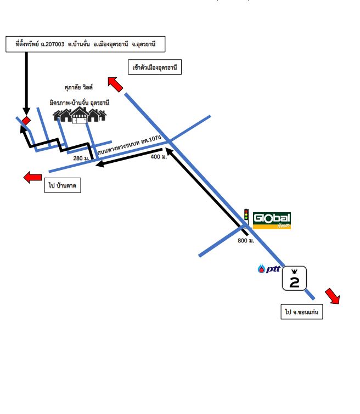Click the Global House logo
[272, 220]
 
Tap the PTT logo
[269, 269]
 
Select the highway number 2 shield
[295, 279]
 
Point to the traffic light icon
[246, 215]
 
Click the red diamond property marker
[26, 121]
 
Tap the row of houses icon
[80, 115]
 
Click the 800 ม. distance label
[246, 241]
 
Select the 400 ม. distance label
[159, 157]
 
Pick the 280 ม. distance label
[81, 158]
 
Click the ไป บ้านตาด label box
[63, 185]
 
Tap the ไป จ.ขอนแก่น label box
[302, 312]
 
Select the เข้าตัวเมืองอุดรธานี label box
[155, 67]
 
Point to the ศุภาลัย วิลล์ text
[78, 87]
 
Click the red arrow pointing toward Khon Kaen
[333, 296]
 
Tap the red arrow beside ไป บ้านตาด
[32, 177]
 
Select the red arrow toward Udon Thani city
[115, 84]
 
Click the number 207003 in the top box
[55, 44]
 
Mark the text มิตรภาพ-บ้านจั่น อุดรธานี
[79, 103]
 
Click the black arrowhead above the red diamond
[26, 111]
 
